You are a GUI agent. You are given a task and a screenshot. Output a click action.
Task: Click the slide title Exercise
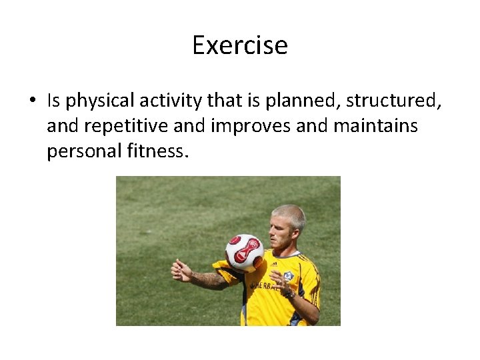tap(240, 45)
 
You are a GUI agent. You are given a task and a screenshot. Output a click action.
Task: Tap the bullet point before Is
tap(32, 101)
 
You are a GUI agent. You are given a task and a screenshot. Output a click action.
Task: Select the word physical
tap(101, 101)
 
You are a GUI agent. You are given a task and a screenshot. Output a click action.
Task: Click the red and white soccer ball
tap(244, 252)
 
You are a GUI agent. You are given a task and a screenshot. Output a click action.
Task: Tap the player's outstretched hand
tap(180, 271)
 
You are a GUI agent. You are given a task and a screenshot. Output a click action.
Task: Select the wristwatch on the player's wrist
tap(290, 294)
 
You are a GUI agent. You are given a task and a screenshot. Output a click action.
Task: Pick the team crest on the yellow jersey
tap(289, 276)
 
